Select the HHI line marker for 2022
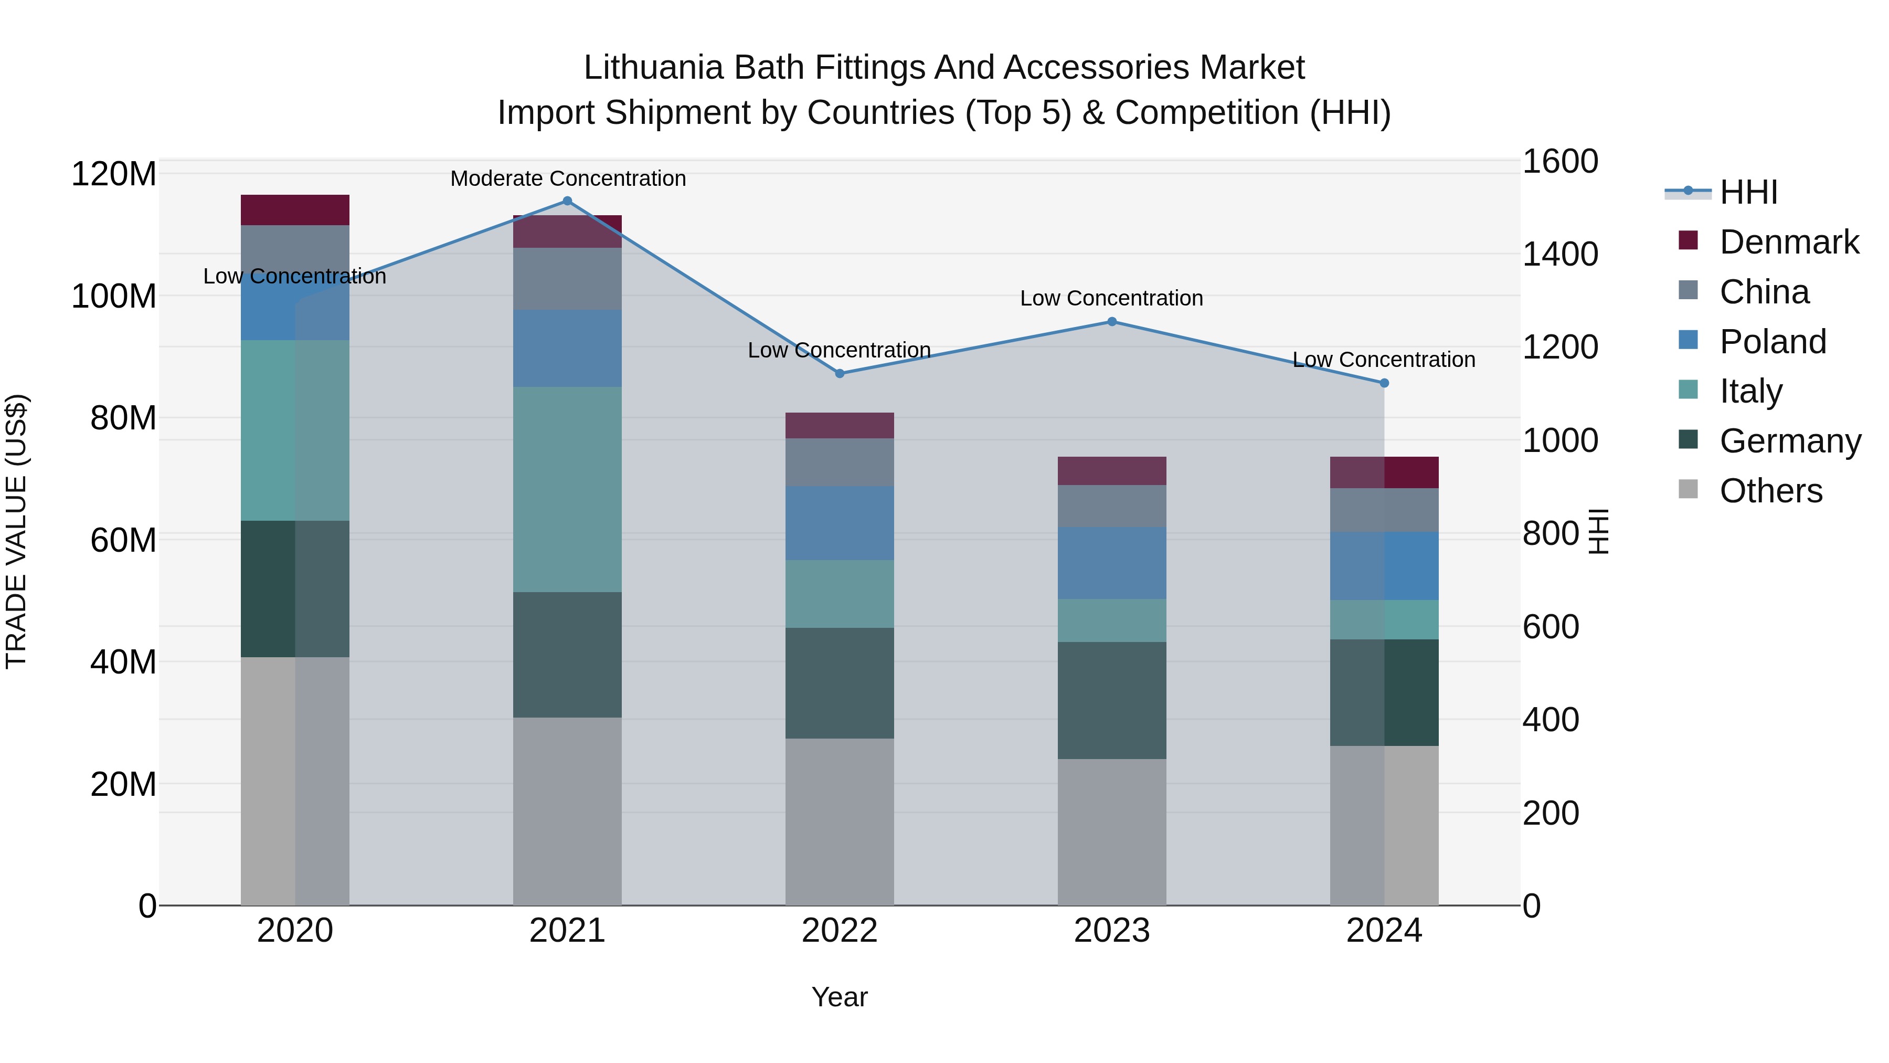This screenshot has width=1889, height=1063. [x=841, y=373]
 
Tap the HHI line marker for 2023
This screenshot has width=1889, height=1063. [x=1112, y=321]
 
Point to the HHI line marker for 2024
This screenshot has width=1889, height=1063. [x=1385, y=383]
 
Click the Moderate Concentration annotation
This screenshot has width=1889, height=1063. [x=568, y=178]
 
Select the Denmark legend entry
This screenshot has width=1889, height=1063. [x=1789, y=242]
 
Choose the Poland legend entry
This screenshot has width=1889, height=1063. [x=1773, y=342]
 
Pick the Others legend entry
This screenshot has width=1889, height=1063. [x=1770, y=491]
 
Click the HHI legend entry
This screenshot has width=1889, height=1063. [x=1748, y=192]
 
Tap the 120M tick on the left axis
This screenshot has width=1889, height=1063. [x=114, y=175]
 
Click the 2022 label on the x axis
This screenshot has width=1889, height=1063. [x=840, y=931]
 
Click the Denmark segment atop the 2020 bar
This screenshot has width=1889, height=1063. [x=295, y=210]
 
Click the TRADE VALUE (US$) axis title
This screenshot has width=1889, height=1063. [x=17, y=531]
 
